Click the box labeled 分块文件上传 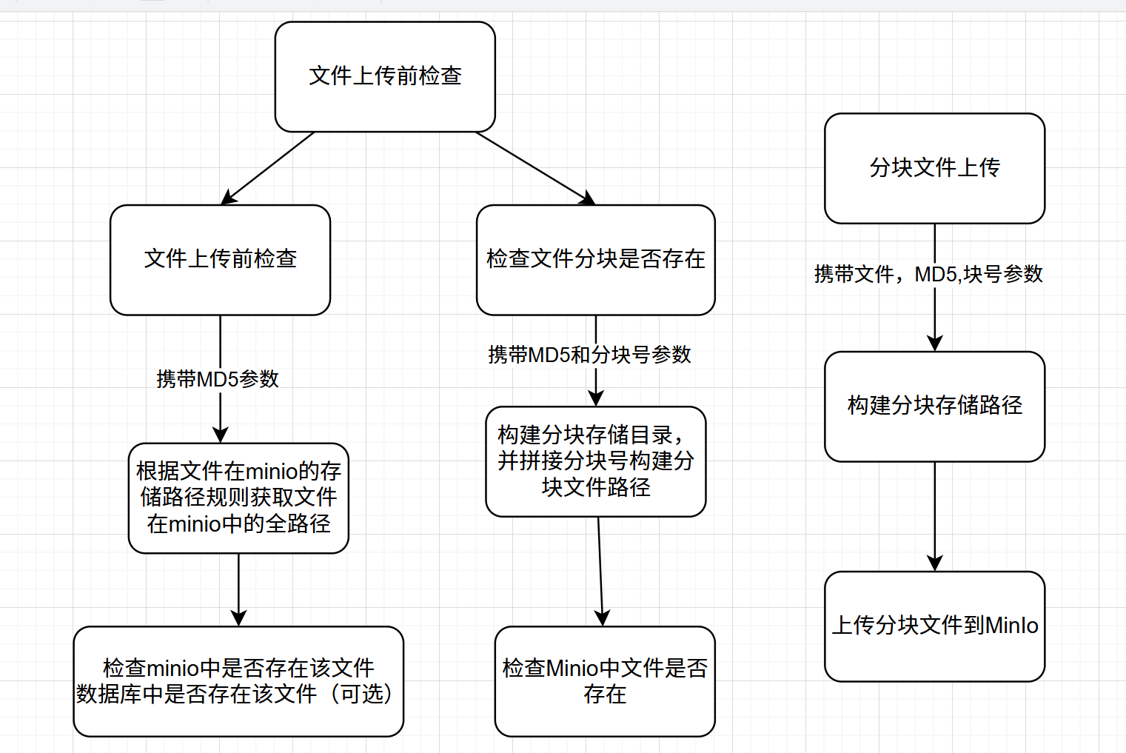point(934,168)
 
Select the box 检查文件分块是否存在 point(595,259)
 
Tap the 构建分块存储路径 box point(934,406)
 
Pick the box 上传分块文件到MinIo point(934,626)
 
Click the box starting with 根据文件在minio point(238,498)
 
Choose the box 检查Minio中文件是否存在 point(605,681)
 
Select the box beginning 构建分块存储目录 point(595,461)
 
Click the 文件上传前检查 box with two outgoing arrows point(385,76)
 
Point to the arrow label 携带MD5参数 point(218,379)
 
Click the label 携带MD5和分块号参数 point(589,355)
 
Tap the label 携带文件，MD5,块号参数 point(928,274)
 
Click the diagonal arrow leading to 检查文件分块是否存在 point(533,167)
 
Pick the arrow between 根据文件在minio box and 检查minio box point(238,589)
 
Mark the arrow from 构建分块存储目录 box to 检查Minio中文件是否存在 point(600,570)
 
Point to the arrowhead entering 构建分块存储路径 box point(935,343)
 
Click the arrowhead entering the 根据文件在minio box point(221,435)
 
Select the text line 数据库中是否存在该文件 point(197,694)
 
